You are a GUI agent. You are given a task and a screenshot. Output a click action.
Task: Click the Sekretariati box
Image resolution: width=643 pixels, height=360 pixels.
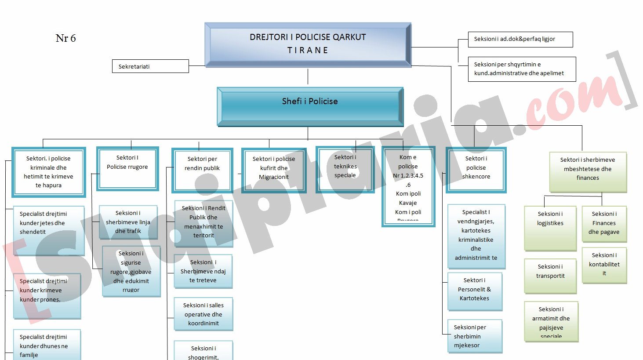(150, 66)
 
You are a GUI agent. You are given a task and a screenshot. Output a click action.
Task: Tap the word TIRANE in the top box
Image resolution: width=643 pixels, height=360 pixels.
(308, 51)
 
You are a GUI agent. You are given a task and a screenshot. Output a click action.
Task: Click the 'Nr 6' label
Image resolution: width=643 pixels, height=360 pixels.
(65, 38)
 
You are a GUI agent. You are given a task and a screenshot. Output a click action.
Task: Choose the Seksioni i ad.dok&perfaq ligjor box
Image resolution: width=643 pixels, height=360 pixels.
(520, 39)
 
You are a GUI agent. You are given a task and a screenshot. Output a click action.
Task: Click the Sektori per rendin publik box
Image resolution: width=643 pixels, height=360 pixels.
(202, 170)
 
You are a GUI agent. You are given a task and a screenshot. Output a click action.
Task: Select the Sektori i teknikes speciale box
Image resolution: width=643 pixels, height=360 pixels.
(345, 169)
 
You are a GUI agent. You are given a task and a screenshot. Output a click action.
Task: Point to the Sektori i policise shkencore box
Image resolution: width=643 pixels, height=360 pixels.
(476, 170)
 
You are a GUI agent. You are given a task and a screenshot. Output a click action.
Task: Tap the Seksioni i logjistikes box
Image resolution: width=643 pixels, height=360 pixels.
(550, 227)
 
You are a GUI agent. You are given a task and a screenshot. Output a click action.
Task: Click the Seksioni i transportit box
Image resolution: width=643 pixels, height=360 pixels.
(550, 276)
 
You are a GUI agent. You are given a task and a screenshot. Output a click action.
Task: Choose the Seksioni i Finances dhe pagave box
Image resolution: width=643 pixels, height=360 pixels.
(604, 223)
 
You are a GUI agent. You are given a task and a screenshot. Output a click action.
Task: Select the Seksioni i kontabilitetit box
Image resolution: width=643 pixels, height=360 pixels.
(604, 265)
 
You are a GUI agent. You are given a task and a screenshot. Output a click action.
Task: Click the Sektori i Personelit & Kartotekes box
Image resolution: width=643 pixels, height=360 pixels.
(474, 291)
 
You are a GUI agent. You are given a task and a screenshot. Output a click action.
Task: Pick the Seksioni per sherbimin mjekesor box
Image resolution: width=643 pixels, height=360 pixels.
(474, 336)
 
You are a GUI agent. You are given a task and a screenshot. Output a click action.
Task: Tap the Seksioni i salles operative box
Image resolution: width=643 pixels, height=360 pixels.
(203, 314)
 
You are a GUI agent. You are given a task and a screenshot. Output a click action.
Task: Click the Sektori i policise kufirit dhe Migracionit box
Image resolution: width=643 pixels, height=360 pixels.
(273, 170)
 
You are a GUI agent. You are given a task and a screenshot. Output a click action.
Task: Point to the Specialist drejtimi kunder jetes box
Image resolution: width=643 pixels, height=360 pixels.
(48, 230)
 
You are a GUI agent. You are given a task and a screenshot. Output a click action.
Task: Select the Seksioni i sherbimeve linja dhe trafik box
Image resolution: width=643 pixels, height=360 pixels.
(128, 222)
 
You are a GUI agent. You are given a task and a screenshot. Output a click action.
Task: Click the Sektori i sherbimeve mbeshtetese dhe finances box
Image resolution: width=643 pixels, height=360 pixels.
(588, 171)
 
